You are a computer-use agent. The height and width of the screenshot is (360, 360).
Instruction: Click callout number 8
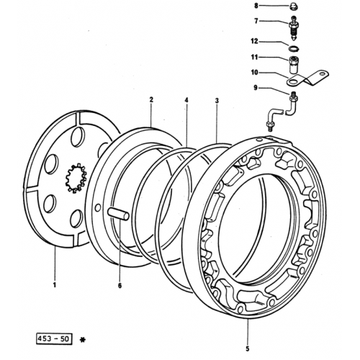tap(256, 6)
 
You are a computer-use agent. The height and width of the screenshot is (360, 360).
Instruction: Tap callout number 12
tap(254, 41)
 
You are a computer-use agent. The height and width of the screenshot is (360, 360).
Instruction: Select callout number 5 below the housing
tap(248, 348)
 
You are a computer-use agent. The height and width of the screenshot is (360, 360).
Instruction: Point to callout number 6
tap(120, 285)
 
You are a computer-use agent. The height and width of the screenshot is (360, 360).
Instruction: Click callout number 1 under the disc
tap(55, 285)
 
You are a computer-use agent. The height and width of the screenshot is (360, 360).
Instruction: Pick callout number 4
tap(186, 100)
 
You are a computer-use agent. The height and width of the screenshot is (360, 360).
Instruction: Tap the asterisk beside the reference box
tap(82, 340)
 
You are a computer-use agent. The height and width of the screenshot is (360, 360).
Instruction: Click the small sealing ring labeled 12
tap(293, 48)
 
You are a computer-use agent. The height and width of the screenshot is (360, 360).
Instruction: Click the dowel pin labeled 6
tap(118, 214)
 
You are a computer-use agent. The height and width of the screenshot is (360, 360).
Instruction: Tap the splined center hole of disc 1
tap(76, 178)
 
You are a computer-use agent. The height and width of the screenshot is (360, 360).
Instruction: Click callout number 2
tap(151, 99)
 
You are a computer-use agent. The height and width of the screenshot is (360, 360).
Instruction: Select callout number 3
tap(217, 100)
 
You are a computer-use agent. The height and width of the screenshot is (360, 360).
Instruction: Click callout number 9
tap(256, 88)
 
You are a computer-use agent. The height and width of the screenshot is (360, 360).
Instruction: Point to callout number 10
tap(254, 72)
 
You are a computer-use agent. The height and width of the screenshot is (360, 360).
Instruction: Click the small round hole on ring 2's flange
tap(98, 208)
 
